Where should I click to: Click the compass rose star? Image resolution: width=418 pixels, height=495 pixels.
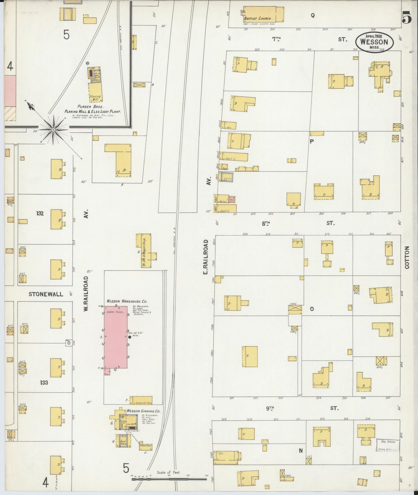coord(54,130)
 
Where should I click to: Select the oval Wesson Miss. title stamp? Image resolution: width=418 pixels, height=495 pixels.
coord(374,42)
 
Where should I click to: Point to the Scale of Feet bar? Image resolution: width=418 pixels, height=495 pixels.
coord(169,479)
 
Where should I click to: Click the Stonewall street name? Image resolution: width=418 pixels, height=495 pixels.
coord(46,294)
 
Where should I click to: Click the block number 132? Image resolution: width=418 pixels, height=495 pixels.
coord(40,213)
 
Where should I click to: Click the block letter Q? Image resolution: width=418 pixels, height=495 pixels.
coord(313,16)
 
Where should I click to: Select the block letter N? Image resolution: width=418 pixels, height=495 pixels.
coord(301,451)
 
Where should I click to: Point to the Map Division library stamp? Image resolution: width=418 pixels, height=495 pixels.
coord(388,445)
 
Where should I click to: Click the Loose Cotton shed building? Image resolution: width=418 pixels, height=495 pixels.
coord(141,400)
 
